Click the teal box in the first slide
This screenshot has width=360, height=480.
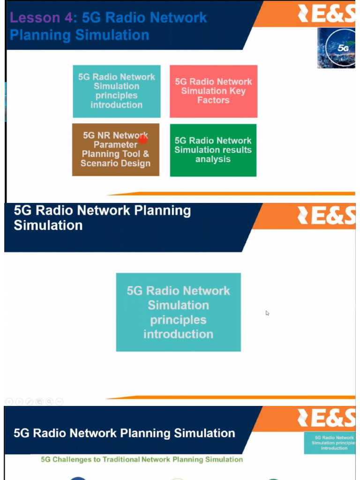click(117, 91)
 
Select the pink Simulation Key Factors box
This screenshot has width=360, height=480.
click(213, 91)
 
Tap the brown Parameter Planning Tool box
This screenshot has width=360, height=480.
click(115, 150)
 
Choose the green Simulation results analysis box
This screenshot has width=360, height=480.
click(213, 150)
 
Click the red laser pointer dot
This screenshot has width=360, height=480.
click(143, 139)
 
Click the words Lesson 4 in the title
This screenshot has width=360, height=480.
click(43, 18)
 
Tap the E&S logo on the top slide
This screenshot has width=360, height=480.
click(326, 14)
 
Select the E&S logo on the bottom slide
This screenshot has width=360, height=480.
click(326, 418)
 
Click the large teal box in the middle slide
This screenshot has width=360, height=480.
click(178, 312)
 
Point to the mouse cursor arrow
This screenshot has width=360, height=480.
click(267, 313)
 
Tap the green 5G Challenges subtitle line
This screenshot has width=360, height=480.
click(142, 459)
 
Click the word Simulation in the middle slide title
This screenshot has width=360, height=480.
click(48, 225)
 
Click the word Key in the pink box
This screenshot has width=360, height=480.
click(237, 91)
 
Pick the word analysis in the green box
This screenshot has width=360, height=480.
click(213, 159)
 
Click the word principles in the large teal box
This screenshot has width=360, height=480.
click(178, 320)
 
